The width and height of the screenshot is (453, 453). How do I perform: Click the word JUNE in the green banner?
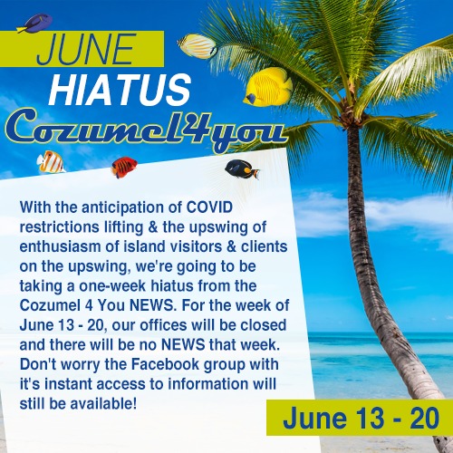(x=85, y=49)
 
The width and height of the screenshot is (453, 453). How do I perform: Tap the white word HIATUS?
(x=120, y=90)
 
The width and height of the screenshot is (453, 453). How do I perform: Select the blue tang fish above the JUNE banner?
(x=34, y=24)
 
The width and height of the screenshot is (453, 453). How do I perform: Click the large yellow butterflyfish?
(x=267, y=87)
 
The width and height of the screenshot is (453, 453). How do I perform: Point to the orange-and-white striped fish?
(x=51, y=162)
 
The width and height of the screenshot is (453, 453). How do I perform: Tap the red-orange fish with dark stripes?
(x=124, y=167)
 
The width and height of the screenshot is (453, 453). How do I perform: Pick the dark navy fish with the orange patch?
(x=242, y=169)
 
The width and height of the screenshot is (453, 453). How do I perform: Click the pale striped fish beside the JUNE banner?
(x=197, y=46)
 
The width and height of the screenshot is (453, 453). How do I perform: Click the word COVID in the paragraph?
(x=209, y=207)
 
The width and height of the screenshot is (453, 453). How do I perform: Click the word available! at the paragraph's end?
(x=103, y=404)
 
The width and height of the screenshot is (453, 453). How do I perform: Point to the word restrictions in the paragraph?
(x=59, y=227)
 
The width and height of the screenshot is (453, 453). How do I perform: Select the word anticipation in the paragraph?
(x=132, y=208)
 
